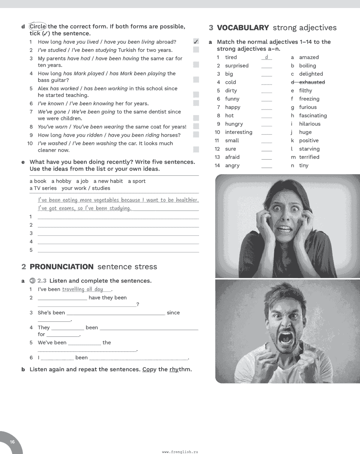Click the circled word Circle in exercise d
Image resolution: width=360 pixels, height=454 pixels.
[x=38, y=26]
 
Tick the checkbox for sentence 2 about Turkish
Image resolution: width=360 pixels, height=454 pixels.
[x=196, y=50]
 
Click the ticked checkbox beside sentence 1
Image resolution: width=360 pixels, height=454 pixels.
[x=196, y=41]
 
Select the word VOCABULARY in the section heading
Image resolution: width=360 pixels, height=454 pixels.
[x=243, y=28]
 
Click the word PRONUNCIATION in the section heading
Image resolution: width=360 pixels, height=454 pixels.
[x=62, y=267]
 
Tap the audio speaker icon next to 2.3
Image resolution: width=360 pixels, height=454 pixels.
[x=32, y=281]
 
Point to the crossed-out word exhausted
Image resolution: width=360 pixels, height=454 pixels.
[x=312, y=82]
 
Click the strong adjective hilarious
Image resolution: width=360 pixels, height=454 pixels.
[x=310, y=124]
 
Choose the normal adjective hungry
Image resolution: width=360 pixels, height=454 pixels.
[x=234, y=124]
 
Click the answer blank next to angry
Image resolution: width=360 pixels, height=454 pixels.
[x=266, y=165]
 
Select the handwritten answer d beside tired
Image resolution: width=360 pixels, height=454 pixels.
[x=266, y=57]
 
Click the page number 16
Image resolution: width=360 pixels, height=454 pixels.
[x=12, y=442]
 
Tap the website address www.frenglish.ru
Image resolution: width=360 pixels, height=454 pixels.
[x=180, y=452]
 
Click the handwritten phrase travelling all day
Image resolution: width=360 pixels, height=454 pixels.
[x=83, y=289]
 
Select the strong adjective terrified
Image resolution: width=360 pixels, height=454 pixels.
[x=309, y=157]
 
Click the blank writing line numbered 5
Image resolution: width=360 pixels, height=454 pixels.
[x=118, y=250]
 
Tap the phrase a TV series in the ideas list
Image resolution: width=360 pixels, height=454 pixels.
[x=43, y=188]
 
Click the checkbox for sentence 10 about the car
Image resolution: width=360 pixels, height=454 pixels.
[x=196, y=149]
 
